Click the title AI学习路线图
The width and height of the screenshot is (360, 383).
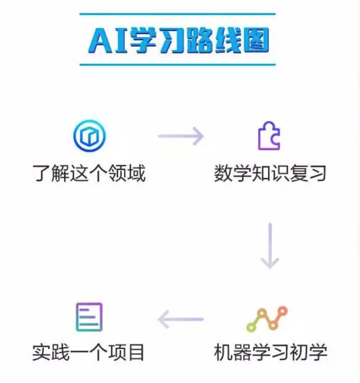point(178,40)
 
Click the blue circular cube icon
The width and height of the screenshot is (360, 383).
point(89,136)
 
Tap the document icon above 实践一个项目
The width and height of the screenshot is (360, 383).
point(89,317)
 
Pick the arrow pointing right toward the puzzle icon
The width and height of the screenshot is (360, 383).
point(181,136)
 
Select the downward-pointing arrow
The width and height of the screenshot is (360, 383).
point(270,245)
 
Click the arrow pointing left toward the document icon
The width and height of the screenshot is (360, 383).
point(181,319)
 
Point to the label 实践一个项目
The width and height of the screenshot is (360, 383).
point(89,353)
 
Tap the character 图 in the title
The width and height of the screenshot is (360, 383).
point(255,40)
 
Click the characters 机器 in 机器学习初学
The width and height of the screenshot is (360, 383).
point(233,353)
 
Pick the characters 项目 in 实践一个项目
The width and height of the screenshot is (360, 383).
point(127,353)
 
